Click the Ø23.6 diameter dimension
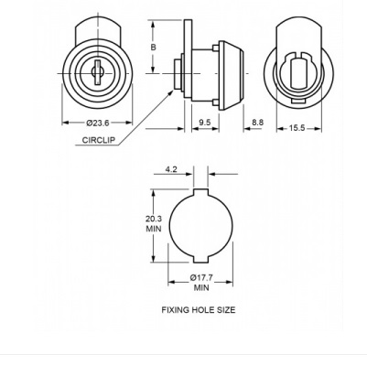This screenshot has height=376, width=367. (98, 123)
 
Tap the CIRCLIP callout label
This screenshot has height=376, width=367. (99, 140)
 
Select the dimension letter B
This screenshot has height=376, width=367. (154, 48)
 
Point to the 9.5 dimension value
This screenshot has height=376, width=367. (205, 123)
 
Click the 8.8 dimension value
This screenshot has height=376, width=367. (257, 123)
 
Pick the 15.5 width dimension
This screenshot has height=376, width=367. (297, 128)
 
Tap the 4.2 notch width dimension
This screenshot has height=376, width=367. (171, 169)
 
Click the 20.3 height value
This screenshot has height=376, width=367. (154, 219)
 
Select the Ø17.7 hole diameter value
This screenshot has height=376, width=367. (201, 278)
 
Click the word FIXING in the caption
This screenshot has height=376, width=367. (176, 310)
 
